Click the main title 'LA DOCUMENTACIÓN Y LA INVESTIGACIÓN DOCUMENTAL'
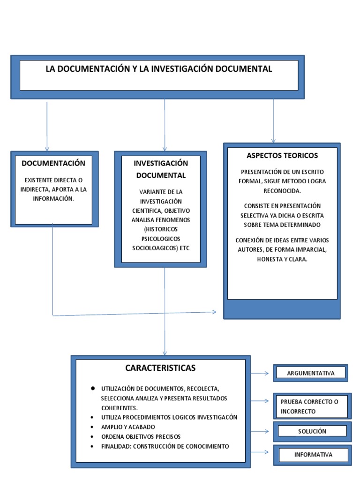[x=158, y=69]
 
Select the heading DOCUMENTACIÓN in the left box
[x=53, y=163]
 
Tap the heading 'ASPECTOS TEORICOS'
[x=282, y=155]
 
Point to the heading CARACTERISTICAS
[x=160, y=368]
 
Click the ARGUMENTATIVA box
[x=311, y=373]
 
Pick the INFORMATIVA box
[x=313, y=455]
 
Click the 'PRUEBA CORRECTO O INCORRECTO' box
[x=312, y=406]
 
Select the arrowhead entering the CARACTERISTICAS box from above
[x=165, y=352]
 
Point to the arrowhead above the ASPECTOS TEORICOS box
[x=273, y=140]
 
